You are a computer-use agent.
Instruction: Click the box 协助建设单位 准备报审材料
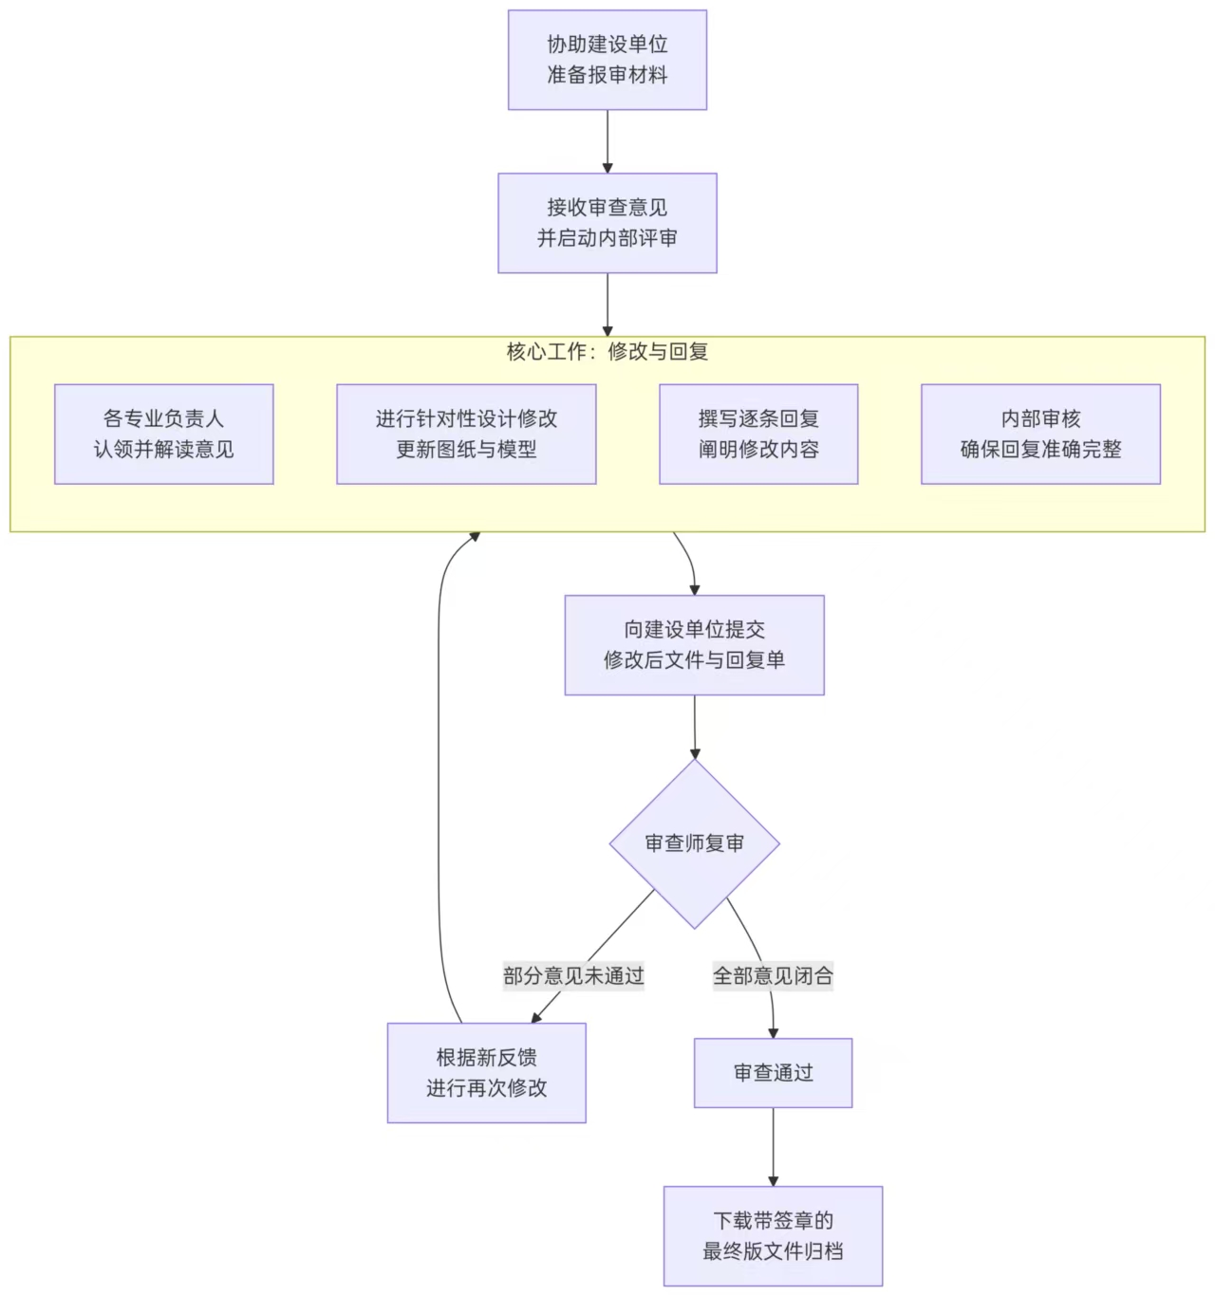607,60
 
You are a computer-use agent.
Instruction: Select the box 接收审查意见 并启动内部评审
607,223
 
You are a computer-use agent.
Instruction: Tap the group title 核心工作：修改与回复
607,352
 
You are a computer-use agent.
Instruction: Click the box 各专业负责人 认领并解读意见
164,434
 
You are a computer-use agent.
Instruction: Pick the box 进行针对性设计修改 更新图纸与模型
466,434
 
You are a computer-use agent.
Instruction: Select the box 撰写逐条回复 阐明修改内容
758,434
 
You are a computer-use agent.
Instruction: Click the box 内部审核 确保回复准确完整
1040,434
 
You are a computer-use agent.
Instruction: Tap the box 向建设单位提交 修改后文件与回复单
694,645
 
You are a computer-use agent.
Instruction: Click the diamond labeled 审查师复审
694,843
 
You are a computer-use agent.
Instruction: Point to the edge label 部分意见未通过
573,975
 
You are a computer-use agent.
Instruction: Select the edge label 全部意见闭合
773,975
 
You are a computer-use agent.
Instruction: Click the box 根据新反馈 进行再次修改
486,1072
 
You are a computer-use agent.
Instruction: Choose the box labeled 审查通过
773,1073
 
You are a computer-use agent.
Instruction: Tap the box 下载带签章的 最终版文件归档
773,1235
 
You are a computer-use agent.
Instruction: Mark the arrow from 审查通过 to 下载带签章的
773,1146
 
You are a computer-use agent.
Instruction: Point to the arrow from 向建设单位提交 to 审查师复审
694,726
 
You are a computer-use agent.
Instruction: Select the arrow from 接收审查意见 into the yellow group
607,304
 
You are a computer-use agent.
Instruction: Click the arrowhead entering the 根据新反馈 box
537,1017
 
